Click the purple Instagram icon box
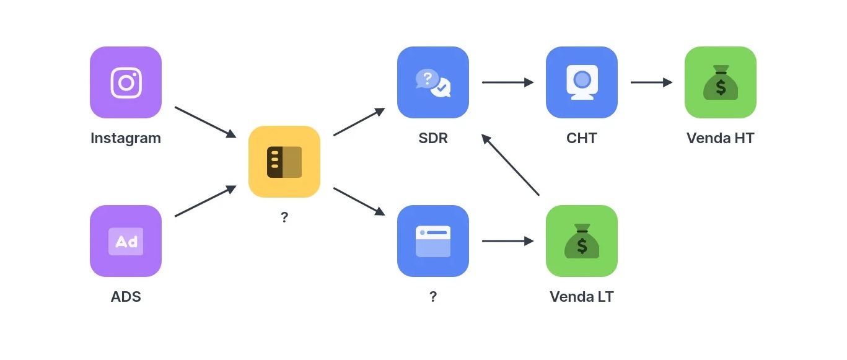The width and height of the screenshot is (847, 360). (x=126, y=82)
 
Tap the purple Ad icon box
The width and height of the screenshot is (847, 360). (x=126, y=241)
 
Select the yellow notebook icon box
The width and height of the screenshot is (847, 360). (x=284, y=162)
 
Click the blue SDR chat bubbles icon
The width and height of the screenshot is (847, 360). (x=433, y=82)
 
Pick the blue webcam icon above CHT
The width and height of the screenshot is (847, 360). (x=582, y=82)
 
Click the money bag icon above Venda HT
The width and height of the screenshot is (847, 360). (x=721, y=82)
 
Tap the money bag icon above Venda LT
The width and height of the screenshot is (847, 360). (x=582, y=241)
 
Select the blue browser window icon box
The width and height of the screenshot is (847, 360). (x=433, y=241)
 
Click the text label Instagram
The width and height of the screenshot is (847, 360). (x=126, y=138)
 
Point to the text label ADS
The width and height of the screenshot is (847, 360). (x=126, y=297)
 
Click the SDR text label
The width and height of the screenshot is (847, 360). (x=433, y=138)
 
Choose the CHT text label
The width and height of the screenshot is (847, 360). (x=582, y=138)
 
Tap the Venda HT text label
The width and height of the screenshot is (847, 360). (x=721, y=138)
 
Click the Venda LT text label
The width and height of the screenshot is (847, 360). (x=582, y=297)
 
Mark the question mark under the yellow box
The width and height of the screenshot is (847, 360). (x=284, y=217)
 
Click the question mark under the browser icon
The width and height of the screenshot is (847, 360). (x=433, y=297)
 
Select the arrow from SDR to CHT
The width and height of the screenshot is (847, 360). (x=507, y=82)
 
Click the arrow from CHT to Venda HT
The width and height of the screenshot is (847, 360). (x=651, y=82)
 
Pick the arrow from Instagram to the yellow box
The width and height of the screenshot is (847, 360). (x=206, y=122)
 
